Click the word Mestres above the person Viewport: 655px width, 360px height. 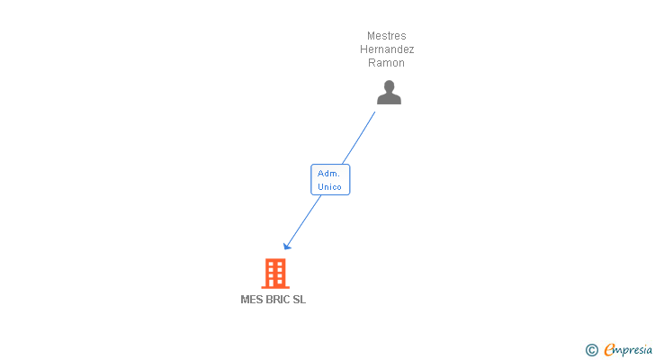(387, 36)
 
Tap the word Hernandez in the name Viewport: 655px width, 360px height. (387, 49)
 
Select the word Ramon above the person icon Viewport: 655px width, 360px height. (387, 63)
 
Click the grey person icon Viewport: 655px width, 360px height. (389, 93)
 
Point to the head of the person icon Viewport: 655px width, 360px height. (389, 86)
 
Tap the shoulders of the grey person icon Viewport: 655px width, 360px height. (389, 99)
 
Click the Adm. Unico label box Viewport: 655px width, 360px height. (330, 180)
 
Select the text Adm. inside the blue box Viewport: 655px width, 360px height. (329, 173)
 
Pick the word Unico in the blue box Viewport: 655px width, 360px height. (330, 187)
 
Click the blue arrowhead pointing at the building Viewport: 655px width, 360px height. (287, 246)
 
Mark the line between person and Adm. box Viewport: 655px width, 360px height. (360, 137)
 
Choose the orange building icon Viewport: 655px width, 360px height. (275, 273)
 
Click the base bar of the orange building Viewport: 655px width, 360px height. (275, 287)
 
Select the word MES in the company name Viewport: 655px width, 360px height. (251, 301)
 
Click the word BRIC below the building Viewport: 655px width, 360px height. (278, 301)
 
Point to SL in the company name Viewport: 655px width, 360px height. (300, 301)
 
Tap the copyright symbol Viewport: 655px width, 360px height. (591, 350)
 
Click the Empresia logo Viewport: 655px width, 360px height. (628, 350)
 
